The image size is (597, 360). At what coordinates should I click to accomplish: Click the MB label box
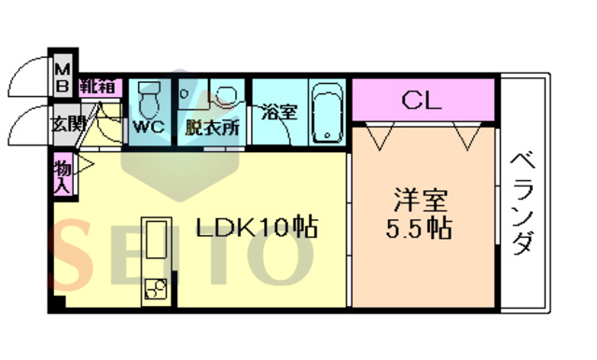click(62, 76)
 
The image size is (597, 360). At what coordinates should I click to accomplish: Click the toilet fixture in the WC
click(149, 99)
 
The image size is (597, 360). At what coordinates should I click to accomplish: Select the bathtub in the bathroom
click(326, 113)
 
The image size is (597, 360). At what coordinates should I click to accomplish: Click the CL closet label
click(423, 100)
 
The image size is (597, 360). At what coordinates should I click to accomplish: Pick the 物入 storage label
click(62, 175)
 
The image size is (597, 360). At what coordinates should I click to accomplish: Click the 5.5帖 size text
click(422, 228)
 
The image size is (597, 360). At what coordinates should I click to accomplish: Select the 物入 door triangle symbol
click(82, 170)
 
